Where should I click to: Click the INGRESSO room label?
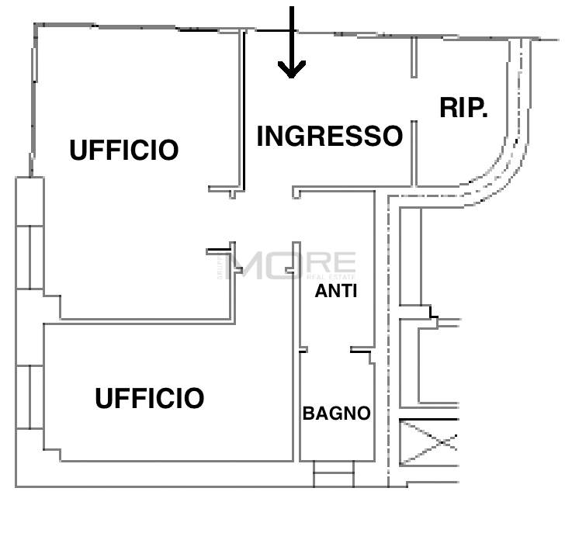pyautogui.click(x=329, y=136)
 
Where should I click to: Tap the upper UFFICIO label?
pyautogui.click(x=124, y=150)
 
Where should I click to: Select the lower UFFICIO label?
pyautogui.click(x=150, y=398)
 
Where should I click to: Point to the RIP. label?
pyautogui.click(x=463, y=108)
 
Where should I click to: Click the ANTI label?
pyautogui.click(x=336, y=291)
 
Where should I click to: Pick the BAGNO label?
pyautogui.click(x=336, y=414)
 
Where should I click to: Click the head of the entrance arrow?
pyautogui.click(x=292, y=69)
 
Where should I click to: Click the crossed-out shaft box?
pyautogui.click(x=428, y=441)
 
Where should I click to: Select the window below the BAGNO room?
pyautogui.click(x=334, y=474)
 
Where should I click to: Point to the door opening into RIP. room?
pyautogui.click(x=414, y=99)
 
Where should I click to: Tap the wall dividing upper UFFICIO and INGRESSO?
pyautogui.click(x=242, y=110)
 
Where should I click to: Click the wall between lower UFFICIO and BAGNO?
pyautogui.click(x=296, y=351)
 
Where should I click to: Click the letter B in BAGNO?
pyautogui.click(x=308, y=414)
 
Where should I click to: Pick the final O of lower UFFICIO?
pyautogui.click(x=195, y=398)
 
